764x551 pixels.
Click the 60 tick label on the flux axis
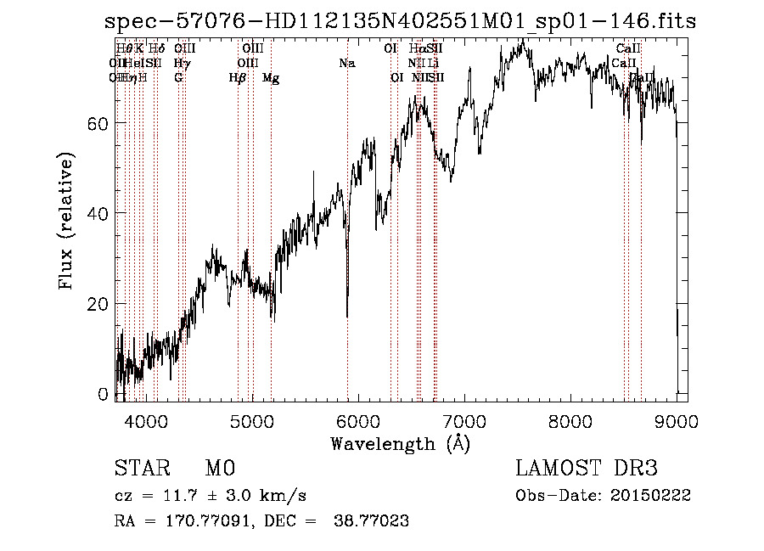[99, 123]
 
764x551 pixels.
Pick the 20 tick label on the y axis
[99, 304]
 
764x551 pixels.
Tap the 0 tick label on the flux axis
[104, 394]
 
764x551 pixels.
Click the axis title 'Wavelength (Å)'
[400, 443]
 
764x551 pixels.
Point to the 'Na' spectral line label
[346, 64]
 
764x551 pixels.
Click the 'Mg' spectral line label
[271, 78]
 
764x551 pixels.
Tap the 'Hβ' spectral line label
[238, 78]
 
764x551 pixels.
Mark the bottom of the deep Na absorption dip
[347, 316]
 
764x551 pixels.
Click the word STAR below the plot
[140, 469]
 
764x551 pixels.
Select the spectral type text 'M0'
[219, 469]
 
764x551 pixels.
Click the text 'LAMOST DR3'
[586, 469]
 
